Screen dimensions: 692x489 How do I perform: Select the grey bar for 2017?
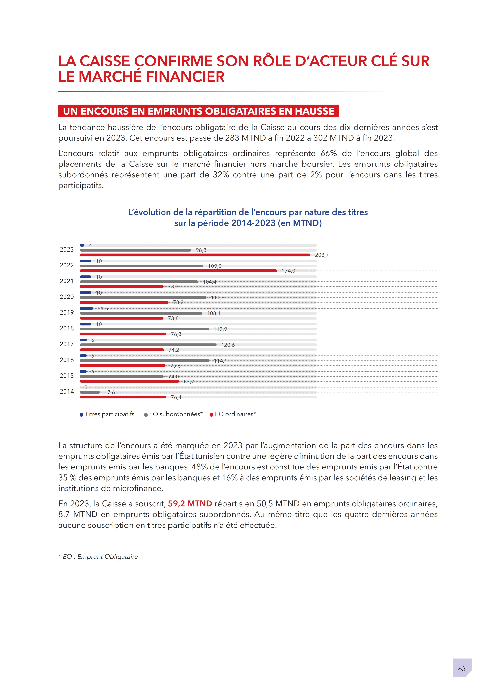click(x=148, y=345)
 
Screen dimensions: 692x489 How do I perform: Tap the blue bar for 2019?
click(x=86, y=308)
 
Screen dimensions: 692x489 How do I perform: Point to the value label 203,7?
click(x=322, y=255)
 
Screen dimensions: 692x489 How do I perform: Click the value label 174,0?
click(x=288, y=271)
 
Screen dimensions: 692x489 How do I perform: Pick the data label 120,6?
click(x=228, y=345)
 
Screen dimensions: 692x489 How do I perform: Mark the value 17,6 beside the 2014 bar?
click(x=109, y=392)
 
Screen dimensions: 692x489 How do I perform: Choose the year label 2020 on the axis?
click(x=67, y=297)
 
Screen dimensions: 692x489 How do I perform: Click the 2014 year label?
click(x=67, y=392)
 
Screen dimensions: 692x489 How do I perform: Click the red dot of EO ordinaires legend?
click(x=211, y=415)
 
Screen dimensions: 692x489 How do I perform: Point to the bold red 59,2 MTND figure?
click(x=190, y=504)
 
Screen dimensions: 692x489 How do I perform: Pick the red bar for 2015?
click(x=130, y=381)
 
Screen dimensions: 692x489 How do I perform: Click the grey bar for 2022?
click(x=142, y=266)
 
